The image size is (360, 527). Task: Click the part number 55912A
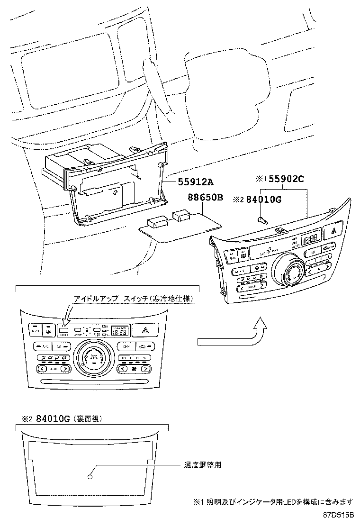196,182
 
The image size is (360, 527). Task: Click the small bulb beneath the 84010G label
262,219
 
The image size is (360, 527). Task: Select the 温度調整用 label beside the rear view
203,465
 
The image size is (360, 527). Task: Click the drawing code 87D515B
339,515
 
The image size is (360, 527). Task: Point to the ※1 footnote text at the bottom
273,501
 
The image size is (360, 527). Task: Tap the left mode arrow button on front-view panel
41,368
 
